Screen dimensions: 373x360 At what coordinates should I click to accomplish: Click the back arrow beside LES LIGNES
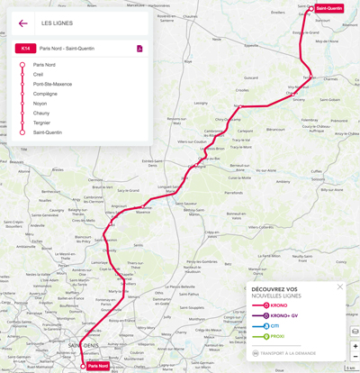click(22, 23)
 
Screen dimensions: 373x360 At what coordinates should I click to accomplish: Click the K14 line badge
click(25, 49)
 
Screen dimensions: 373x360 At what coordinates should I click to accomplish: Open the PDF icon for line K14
click(139, 49)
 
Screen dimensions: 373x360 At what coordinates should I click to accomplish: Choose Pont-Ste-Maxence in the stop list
click(52, 84)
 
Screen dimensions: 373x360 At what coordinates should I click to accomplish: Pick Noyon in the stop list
click(40, 104)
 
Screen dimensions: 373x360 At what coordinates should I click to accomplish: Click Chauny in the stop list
click(42, 113)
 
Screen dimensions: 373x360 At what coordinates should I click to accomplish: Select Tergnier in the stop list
click(43, 123)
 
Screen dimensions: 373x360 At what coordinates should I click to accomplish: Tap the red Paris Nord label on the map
click(96, 366)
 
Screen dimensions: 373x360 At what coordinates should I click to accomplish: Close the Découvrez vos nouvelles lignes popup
click(340, 287)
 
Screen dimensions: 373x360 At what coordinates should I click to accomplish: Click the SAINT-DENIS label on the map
click(83, 345)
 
